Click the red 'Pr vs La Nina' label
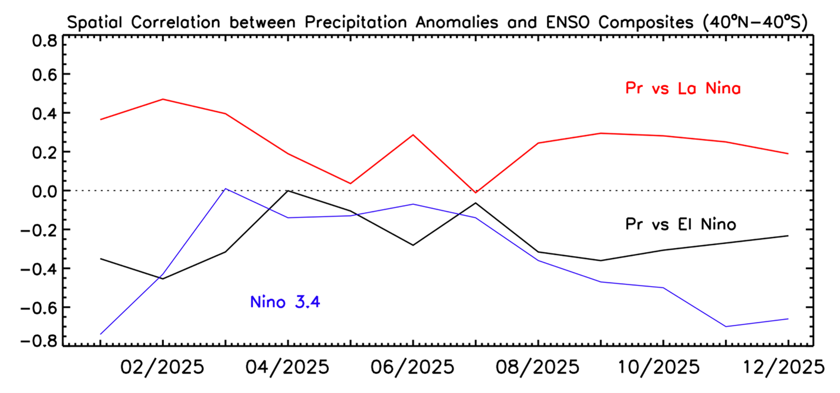682,89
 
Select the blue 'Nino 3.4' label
285,303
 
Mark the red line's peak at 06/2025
413,135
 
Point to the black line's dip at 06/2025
413,245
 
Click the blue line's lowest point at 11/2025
726,327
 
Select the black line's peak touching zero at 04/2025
288,190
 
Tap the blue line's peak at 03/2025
226,189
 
